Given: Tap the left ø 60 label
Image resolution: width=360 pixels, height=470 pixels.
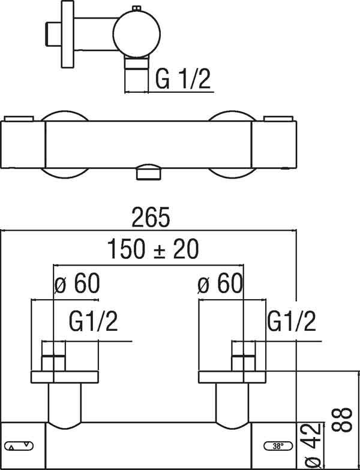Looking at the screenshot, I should pyautogui.click(x=77, y=283).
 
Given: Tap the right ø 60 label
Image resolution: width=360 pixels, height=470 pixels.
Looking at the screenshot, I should pyautogui.click(x=220, y=283).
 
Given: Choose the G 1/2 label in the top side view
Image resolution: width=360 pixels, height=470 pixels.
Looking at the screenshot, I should pyautogui.click(x=184, y=79).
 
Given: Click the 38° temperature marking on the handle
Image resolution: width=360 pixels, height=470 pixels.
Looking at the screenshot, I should pyautogui.click(x=278, y=446).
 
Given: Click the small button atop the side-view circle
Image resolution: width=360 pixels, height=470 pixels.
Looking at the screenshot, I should pyautogui.click(x=135, y=8).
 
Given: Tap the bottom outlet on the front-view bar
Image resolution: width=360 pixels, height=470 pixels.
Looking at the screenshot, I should pyautogui.click(x=149, y=173).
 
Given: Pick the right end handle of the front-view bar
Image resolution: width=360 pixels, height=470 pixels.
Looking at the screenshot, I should pyautogui.click(x=274, y=144).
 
